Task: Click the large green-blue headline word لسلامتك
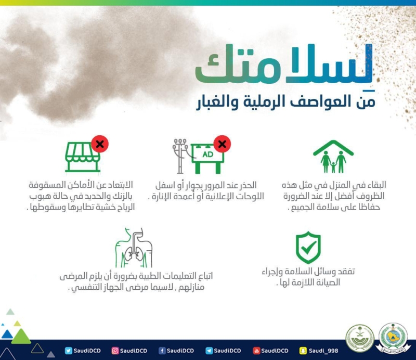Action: [x=284, y=65]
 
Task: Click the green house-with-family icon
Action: [x=333, y=157]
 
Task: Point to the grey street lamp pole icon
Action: [x=180, y=156]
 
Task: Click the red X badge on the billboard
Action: [x=222, y=144]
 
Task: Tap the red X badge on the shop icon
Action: [x=100, y=144]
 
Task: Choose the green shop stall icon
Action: [x=83, y=157]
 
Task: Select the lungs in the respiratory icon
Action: [x=134, y=253]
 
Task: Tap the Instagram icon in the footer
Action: [x=115, y=351]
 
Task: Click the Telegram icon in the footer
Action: [x=209, y=351]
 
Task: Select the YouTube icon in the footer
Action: [x=256, y=351]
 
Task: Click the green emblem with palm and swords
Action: [x=360, y=338]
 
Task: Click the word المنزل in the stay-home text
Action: [x=339, y=185]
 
